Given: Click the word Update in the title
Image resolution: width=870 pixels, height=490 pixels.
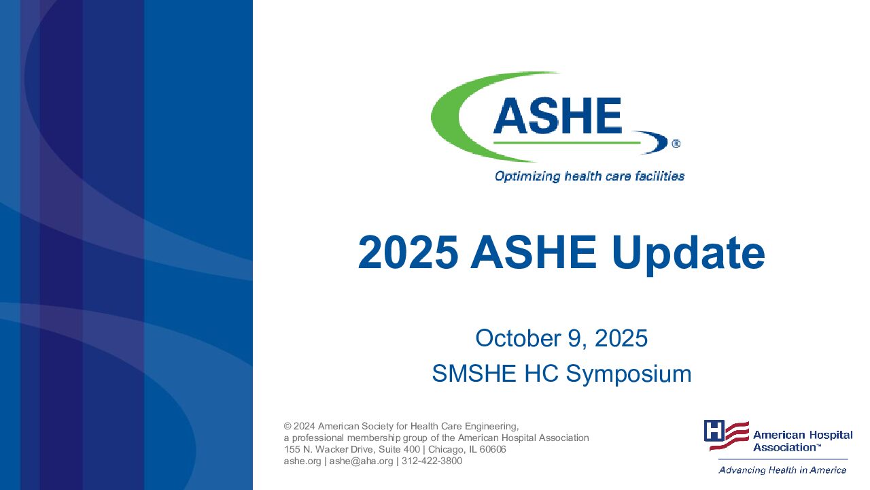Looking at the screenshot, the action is [x=688, y=253].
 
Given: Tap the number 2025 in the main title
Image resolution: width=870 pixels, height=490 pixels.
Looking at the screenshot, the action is [x=408, y=252].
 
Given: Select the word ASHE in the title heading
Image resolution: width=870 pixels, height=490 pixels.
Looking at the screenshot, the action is [x=534, y=252].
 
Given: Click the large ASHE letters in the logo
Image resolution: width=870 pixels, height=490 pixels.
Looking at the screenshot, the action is [x=558, y=116].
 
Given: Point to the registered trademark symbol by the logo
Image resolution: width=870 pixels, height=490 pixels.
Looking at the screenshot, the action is [x=676, y=144].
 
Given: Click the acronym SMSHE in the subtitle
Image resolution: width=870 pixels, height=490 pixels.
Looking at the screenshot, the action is [x=474, y=374].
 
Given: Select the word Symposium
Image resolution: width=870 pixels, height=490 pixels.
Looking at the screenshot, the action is [x=629, y=374].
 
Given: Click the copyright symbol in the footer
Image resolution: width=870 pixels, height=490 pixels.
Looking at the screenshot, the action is [x=288, y=426].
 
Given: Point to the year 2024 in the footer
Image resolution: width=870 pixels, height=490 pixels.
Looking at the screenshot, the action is [x=304, y=426].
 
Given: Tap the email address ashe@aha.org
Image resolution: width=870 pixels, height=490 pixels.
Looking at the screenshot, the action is [x=361, y=461].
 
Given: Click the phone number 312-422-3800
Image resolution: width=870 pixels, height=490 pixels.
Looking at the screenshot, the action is [x=432, y=461].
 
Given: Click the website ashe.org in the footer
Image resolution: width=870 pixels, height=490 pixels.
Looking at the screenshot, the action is [x=302, y=461].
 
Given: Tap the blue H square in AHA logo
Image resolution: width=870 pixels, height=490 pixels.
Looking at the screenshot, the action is [x=714, y=431].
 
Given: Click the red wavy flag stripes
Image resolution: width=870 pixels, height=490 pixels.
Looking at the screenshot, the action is [x=729, y=436].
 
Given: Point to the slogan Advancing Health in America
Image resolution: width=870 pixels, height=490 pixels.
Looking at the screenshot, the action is [x=782, y=470].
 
